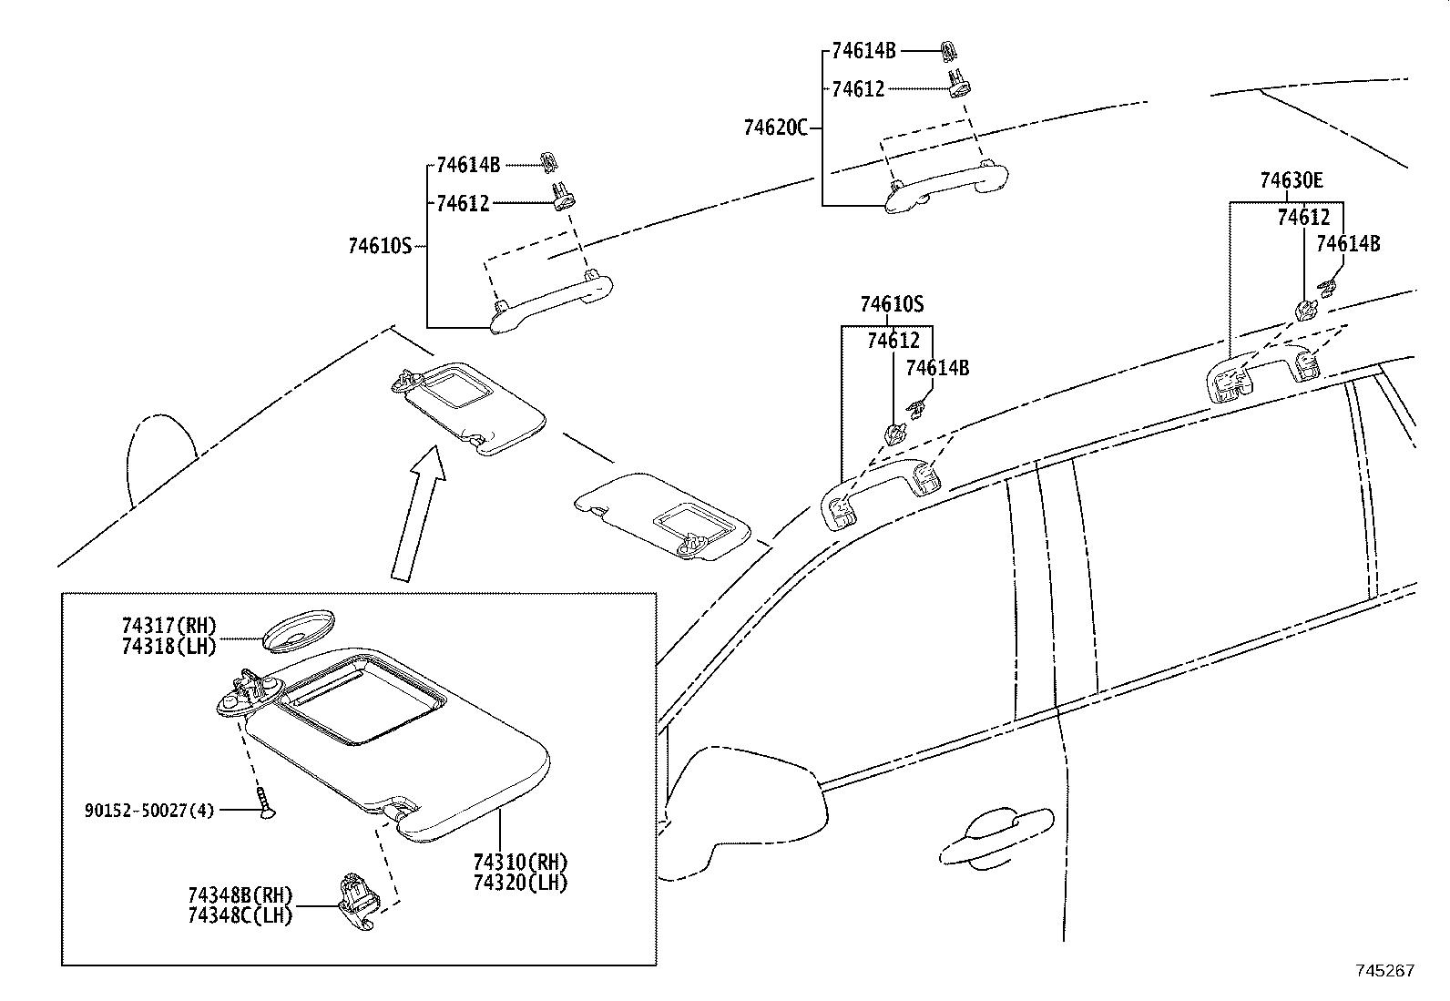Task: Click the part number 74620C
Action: coord(775,128)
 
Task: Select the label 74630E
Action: coord(1291,181)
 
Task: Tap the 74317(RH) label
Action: coord(169,626)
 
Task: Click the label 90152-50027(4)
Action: coord(148,810)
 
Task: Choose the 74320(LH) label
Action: coord(520,882)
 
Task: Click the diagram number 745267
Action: coord(1384,971)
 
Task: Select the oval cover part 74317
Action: coord(298,629)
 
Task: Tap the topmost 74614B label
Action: coord(863,51)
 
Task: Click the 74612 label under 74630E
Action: coord(1302,218)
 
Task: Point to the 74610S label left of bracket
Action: coord(380,245)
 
